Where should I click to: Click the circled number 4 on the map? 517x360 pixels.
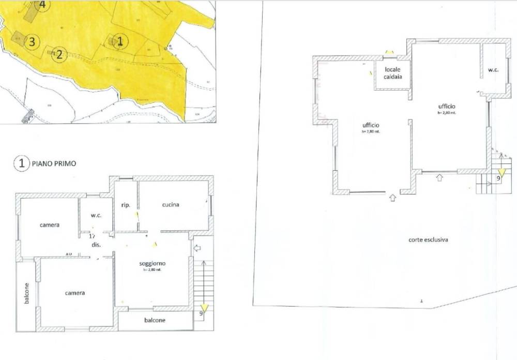(x=42, y=5)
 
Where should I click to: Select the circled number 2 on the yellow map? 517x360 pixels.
(x=59, y=54)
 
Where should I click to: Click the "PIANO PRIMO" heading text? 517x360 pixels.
(x=54, y=163)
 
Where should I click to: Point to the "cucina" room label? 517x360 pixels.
(x=171, y=205)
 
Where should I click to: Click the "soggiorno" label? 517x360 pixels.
(x=152, y=263)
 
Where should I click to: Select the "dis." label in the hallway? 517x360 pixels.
(x=95, y=244)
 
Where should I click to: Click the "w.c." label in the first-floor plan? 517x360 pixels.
(x=96, y=216)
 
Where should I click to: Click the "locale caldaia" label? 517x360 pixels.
(x=393, y=72)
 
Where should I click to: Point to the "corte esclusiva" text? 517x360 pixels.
(x=428, y=240)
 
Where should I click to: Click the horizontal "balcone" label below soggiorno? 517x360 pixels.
(x=155, y=320)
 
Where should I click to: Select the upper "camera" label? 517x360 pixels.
(x=50, y=225)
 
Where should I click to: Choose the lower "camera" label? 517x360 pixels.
(x=75, y=293)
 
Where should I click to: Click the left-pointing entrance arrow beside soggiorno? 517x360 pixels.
(x=197, y=249)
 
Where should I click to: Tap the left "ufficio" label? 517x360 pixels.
(x=371, y=126)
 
